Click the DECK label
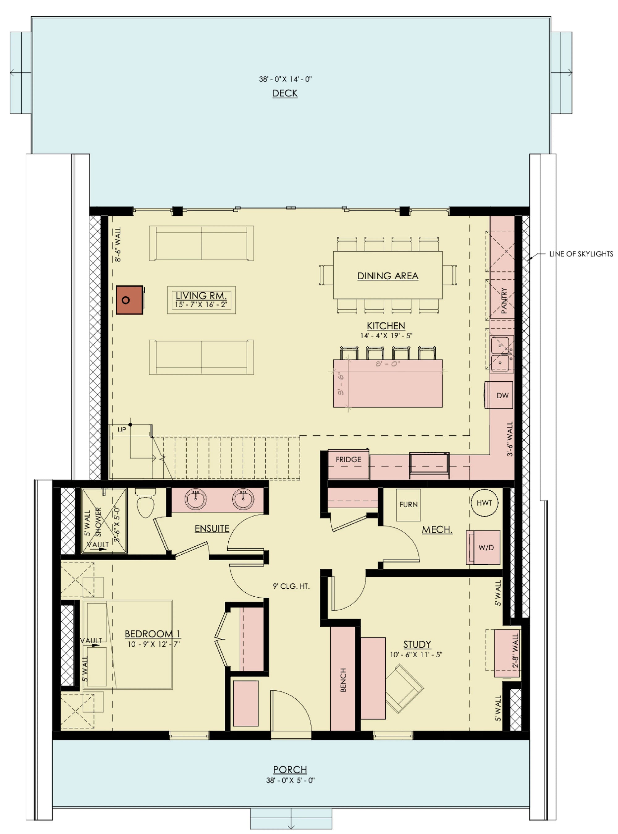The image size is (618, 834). pyautogui.click(x=285, y=93)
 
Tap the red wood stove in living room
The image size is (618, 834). pyautogui.click(x=129, y=300)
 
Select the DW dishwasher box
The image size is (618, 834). pyautogui.click(x=502, y=395)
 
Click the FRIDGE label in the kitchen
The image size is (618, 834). pyautogui.click(x=348, y=459)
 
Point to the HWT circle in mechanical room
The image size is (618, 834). pyautogui.click(x=484, y=503)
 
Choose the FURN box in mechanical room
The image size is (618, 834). pyautogui.click(x=408, y=505)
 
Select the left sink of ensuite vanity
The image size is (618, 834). pyautogui.click(x=195, y=499)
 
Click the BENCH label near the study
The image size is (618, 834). pyautogui.click(x=343, y=680)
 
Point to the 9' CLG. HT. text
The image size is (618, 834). pyautogui.click(x=291, y=586)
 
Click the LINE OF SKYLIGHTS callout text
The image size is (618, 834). pyautogui.click(x=581, y=254)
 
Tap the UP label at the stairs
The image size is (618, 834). pyautogui.click(x=122, y=430)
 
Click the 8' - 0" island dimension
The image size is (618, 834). pyautogui.click(x=387, y=363)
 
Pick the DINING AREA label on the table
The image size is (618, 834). pyautogui.click(x=387, y=276)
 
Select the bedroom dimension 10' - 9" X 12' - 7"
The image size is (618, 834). pyautogui.click(x=153, y=644)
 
